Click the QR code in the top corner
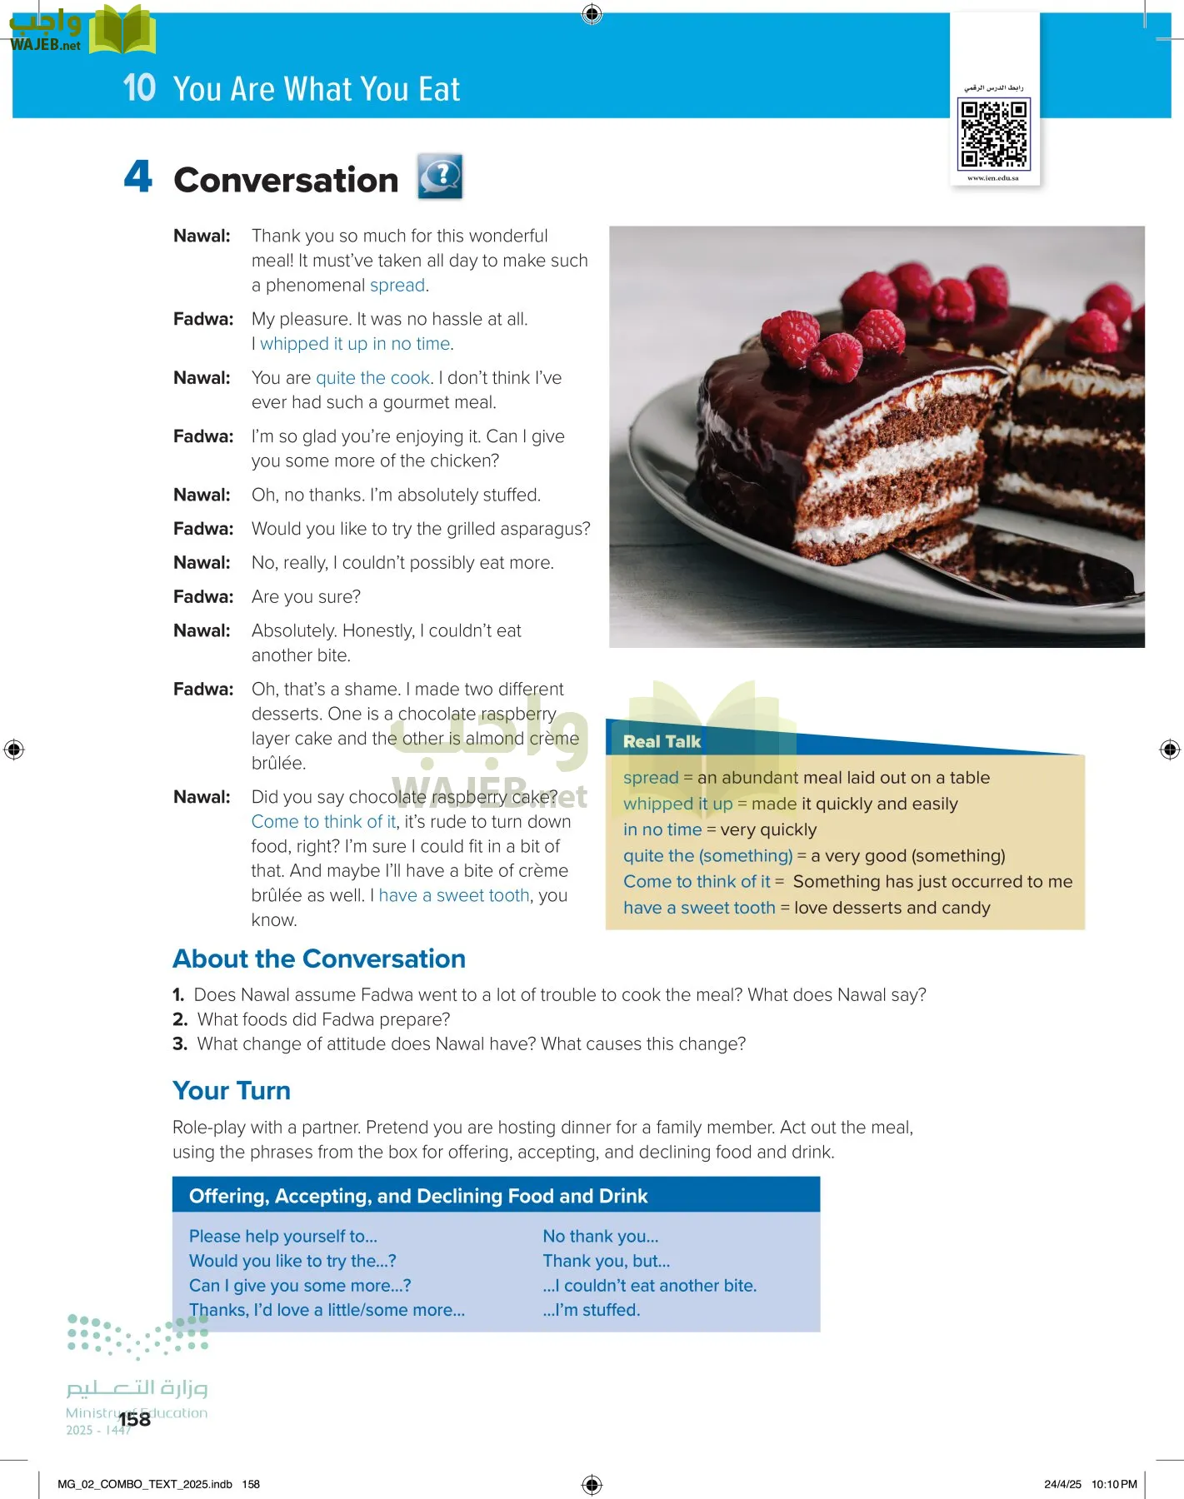point(995,133)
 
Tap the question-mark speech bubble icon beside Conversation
point(440,177)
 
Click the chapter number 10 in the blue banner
point(139,87)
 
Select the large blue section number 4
point(138,177)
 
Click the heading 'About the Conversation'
point(318,959)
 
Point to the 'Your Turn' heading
point(231,1090)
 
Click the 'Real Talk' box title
point(662,741)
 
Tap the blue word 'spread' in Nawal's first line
point(397,286)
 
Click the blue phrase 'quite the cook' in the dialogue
point(372,378)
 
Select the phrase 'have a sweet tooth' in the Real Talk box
point(698,908)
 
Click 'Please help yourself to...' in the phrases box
point(282,1237)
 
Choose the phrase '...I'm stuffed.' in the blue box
point(592,1310)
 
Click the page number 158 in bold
point(135,1419)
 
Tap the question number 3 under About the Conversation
point(180,1044)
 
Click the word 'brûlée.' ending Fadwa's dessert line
point(279,763)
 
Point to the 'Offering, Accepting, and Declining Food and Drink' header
point(418,1196)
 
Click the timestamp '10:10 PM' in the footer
point(1114,1484)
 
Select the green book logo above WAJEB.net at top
point(122,29)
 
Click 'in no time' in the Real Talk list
point(662,829)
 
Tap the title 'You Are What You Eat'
point(316,89)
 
